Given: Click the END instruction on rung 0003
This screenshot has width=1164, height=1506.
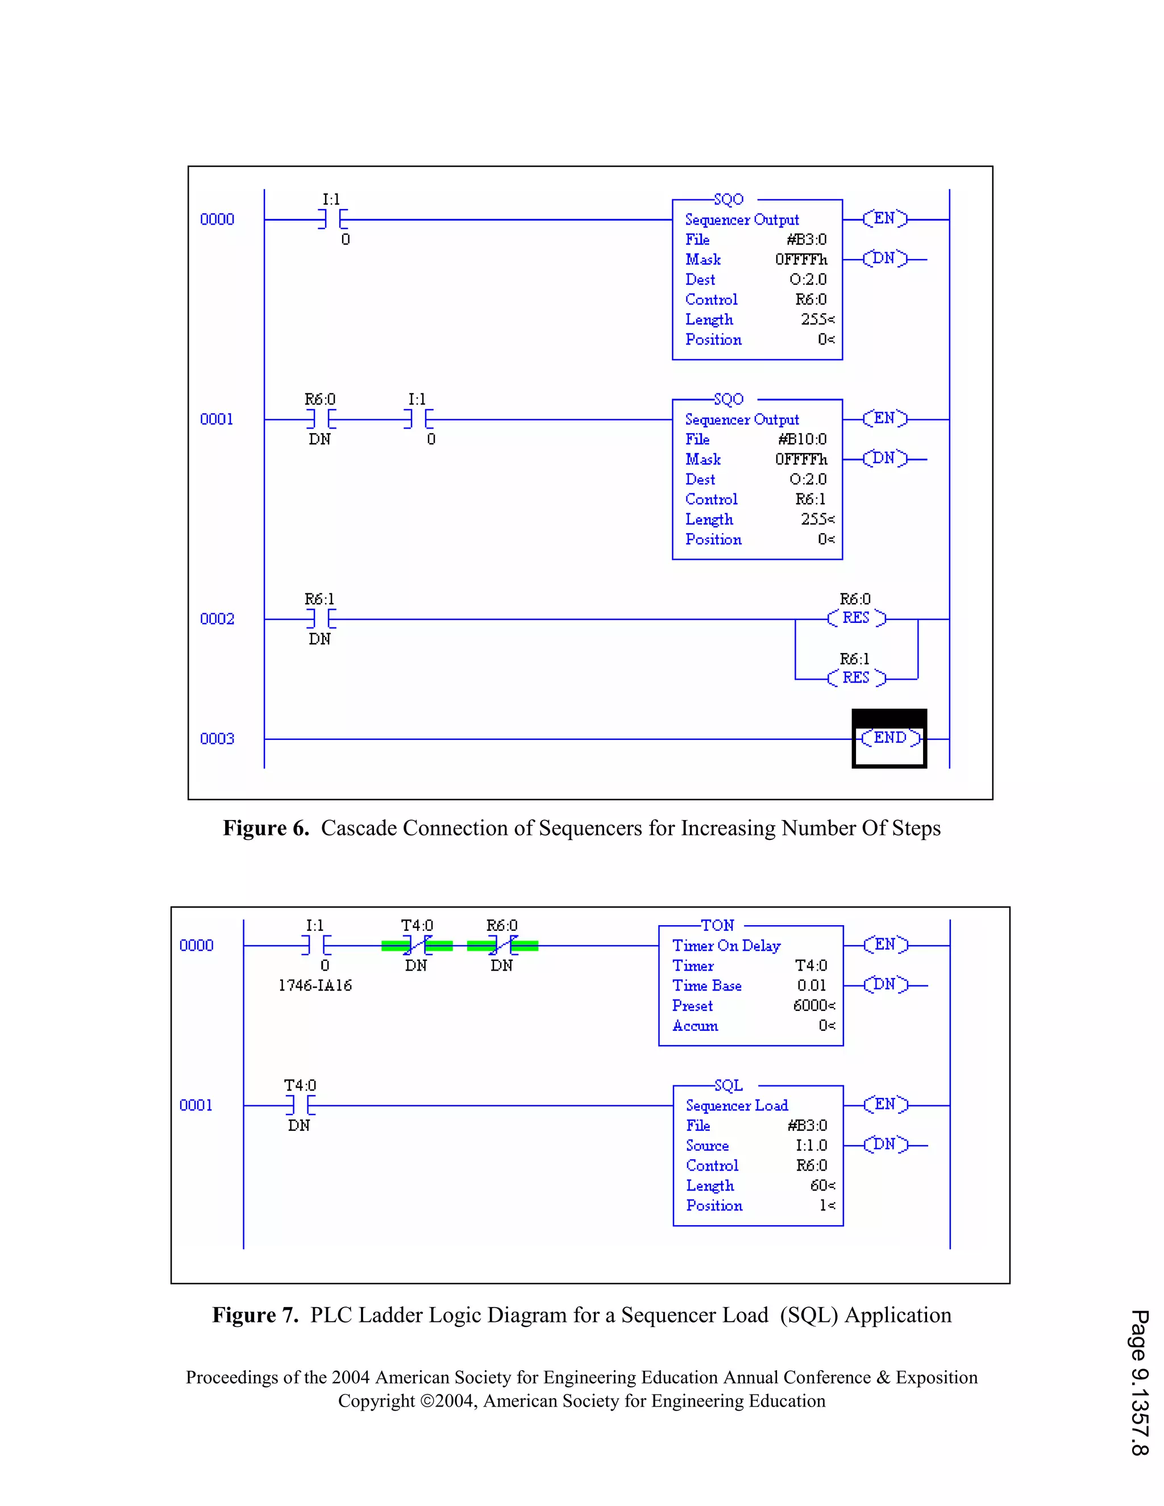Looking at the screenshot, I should (x=889, y=739).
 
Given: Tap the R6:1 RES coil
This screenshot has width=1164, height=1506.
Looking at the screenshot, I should (x=856, y=679).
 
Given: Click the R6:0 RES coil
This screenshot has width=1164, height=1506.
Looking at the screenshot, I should (x=856, y=618).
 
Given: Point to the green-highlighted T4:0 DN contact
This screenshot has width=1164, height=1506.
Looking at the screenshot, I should (x=417, y=946).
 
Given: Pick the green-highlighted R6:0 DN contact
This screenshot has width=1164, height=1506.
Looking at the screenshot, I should (x=502, y=946).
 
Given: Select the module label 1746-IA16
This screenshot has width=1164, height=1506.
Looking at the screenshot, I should (x=315, y=985).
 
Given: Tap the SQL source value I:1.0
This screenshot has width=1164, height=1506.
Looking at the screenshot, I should (x=811, y=1145).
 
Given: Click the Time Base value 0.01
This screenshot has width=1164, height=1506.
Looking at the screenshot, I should (x=811, y=985).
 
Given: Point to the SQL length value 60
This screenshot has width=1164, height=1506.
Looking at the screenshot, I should (x=821, y=1185).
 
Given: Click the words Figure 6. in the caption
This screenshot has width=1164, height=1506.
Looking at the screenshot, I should (x=265, y=828).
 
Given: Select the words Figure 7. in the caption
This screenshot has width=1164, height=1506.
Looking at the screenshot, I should (x=255, y=1315).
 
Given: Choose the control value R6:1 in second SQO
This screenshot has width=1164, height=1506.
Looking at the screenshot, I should (x=810, y=499).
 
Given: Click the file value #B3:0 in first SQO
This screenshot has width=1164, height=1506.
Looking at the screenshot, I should (x=806, y=239).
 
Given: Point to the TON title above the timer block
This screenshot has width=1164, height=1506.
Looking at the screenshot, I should (x=717, y=925).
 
